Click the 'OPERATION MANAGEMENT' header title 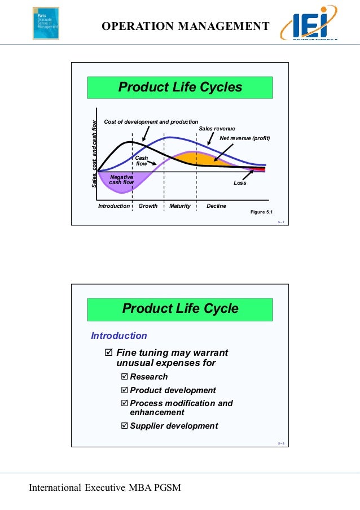tap(186, 26)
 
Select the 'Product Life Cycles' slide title tap(179, 88)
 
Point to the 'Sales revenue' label tap(217, 129)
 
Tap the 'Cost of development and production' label tap(151, 121)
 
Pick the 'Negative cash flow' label tap(121, 180)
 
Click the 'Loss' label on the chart tap(240, 183)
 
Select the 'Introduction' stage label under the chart tap(114, 206)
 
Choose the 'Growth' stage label tap(148, 206)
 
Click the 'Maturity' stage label tap(180, 206)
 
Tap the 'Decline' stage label tap(216, 206)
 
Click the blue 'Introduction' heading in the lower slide tap(119, 336)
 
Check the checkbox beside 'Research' tap(125, 377)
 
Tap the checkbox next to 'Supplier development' tap(125, 426)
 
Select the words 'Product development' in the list tap(173, 390)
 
